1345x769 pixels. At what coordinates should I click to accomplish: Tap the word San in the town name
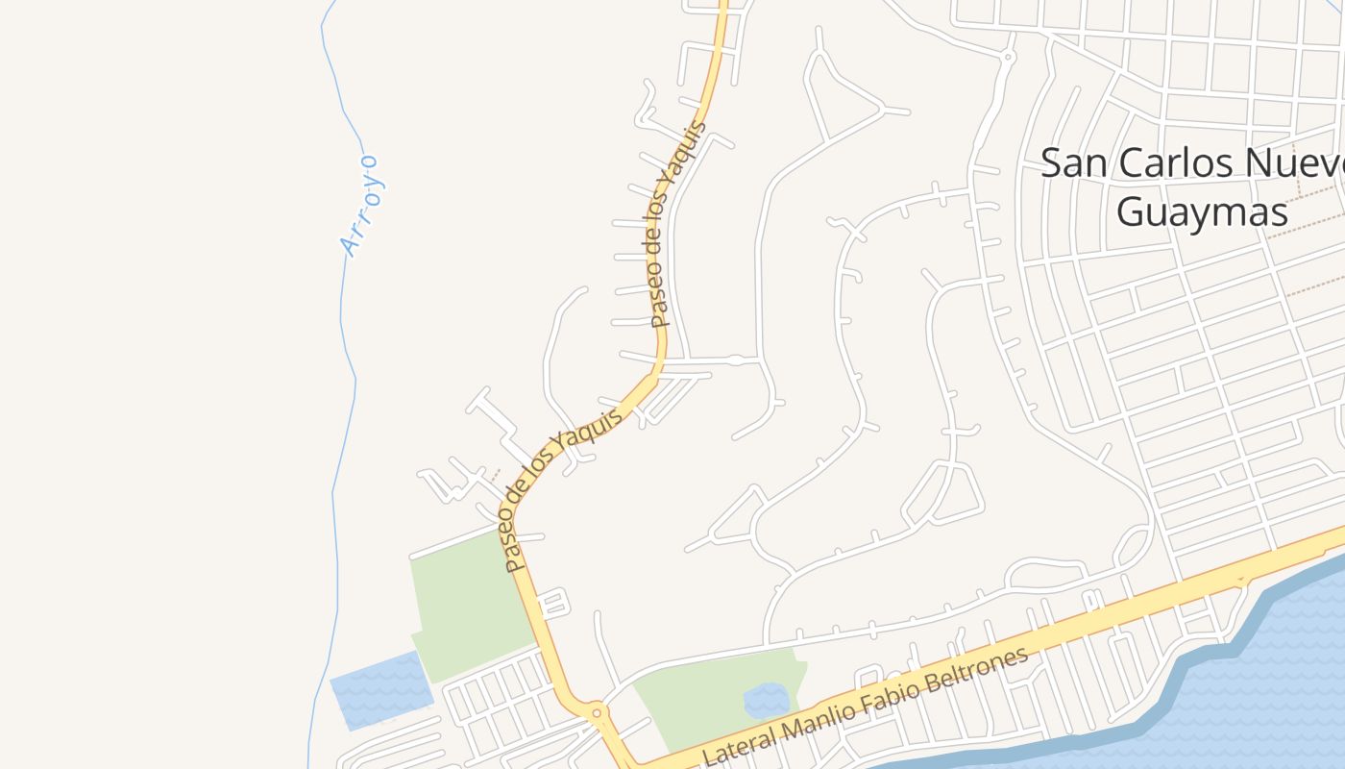point(1072,163)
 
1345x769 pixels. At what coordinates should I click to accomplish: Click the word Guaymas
point(1201,211)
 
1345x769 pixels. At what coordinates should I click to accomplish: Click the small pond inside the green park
point(767,701)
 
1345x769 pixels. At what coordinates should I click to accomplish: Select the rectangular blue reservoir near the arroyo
point(380,688)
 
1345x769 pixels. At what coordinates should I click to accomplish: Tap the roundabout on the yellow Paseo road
point(597,712)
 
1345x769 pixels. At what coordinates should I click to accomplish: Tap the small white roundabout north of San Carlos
point(1007,59)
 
